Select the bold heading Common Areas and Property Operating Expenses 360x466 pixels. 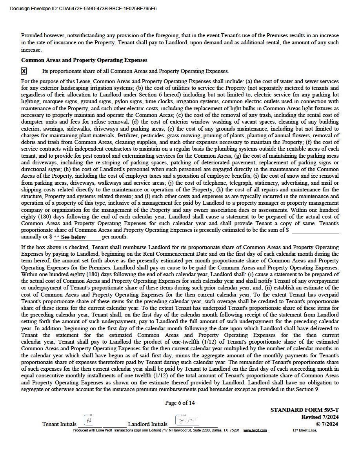click(84, 60)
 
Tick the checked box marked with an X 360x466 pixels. click(24, 71)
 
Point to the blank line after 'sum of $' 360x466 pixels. click(315, 230)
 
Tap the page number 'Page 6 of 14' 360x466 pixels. click(180, 403)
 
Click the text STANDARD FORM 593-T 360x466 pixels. click(304, 410)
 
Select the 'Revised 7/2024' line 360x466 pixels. click(320, 417)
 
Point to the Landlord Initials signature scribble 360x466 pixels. click(184, 420)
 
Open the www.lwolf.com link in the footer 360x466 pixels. click(255, 430)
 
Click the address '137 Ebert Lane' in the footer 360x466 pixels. click(304, 430)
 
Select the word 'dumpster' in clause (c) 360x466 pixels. click(33, 122)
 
